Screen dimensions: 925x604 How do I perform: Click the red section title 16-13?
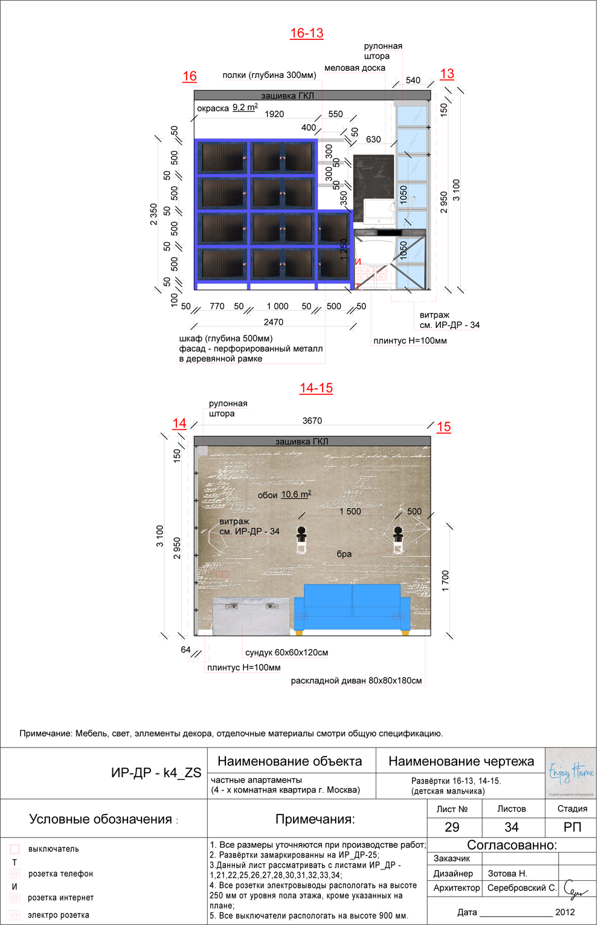[306, 33]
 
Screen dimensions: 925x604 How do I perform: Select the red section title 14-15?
[316, 388]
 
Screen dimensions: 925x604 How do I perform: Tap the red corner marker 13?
[447, 74]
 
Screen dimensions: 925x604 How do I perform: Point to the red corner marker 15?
[443, 427]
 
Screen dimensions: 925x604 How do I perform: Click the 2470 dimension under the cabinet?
[274, 322]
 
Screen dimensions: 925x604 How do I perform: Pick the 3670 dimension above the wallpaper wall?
[312, 421]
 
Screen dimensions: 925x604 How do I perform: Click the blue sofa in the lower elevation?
[352, 607]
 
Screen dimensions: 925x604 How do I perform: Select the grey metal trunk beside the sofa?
[251, 616]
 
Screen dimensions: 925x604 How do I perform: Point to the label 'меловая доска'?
[355, 68]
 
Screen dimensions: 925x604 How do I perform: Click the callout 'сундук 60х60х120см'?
[286, 653]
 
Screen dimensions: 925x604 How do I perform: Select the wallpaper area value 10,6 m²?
[296, 495]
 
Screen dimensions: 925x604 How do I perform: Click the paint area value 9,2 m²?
[245, 107]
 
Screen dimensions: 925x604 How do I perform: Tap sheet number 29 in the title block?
[452, 827]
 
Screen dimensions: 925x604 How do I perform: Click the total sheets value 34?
[511, 827]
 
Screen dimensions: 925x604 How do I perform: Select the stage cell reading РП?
[572, 827]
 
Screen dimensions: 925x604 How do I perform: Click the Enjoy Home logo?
[571, 773]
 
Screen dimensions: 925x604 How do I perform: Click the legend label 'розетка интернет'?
[60, 898]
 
